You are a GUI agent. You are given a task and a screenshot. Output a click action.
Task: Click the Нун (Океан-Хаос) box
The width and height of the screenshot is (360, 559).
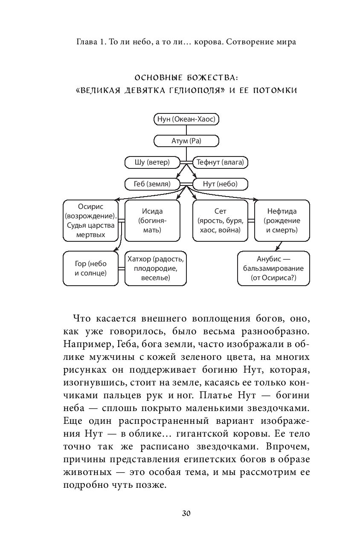(186, 120)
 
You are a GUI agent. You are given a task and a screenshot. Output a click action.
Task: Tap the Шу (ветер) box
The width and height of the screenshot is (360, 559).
(152, 162)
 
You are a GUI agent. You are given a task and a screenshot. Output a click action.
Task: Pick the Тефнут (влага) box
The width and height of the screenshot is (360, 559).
(221, 162)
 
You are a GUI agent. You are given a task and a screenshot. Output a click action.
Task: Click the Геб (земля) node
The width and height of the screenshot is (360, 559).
(152, 184)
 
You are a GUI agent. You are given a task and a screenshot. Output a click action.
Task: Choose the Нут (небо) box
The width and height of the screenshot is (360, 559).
(221, 184)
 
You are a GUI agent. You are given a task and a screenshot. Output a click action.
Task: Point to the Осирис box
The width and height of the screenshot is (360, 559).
(90, 220)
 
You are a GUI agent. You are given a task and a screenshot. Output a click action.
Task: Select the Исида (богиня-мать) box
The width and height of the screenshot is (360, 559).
(152, 220)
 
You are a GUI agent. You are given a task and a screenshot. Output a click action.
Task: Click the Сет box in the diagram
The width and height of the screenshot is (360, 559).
(220, 220)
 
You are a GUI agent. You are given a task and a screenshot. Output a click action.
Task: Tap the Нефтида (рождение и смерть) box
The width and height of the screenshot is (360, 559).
(282, 220)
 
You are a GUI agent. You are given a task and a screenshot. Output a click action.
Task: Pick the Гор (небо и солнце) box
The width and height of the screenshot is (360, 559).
(90, 268)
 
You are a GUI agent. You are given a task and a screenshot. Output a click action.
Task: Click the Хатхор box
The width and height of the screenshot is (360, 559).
(155, 268)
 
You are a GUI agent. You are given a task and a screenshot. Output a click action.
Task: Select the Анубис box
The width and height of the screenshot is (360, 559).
(273, 268)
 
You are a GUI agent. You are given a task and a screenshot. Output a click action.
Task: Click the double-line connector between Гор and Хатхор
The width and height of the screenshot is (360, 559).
(121, 268)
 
